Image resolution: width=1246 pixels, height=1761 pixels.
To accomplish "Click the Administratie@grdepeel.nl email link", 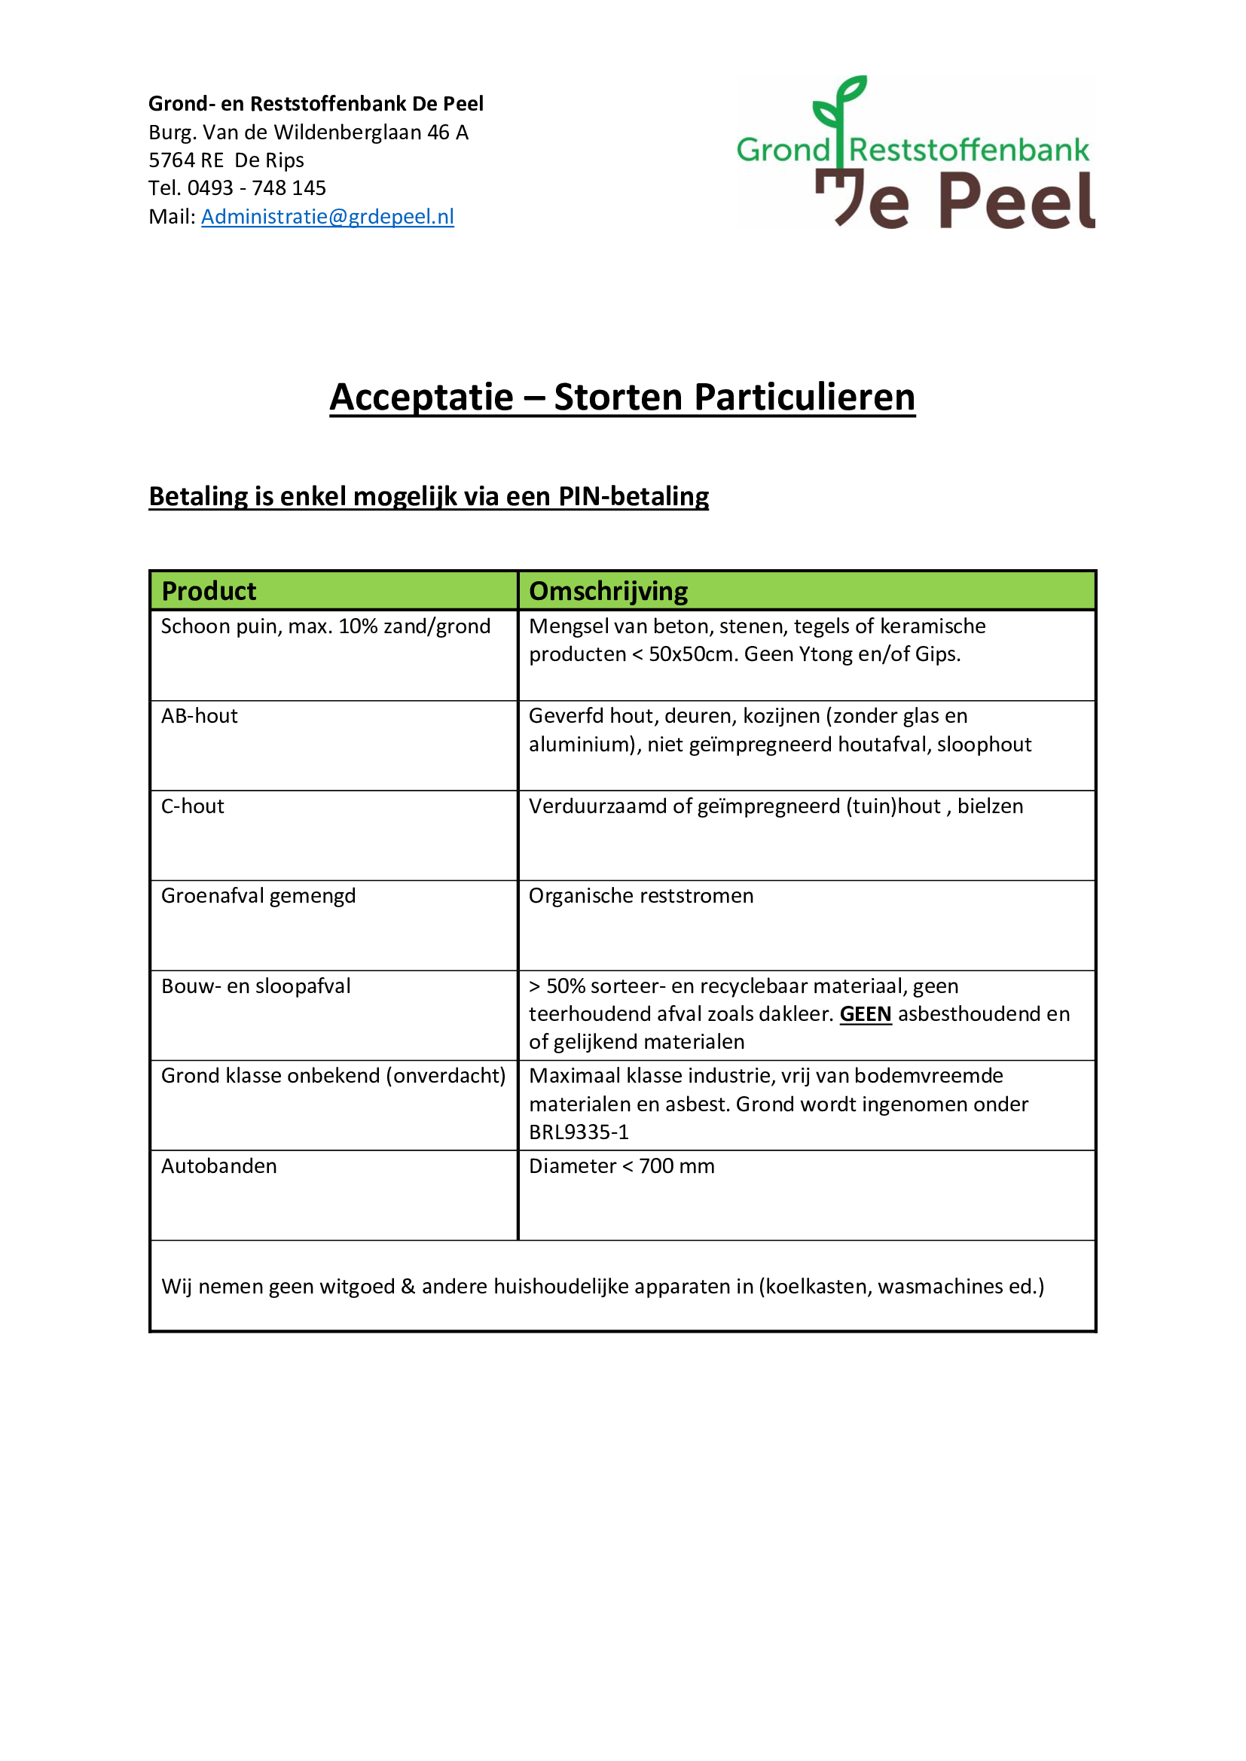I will (x=328, y=217).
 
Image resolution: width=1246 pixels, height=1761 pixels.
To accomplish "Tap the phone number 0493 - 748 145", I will (x=256, y=188).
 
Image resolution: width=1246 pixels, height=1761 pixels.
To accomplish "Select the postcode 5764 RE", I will (x=186, y=160).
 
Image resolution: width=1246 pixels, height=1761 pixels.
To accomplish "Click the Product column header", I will (x=209, y=590).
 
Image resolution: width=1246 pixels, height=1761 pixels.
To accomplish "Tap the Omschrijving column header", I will (x=609, y=590).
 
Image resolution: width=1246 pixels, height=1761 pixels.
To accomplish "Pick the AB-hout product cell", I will (x=200, y=716).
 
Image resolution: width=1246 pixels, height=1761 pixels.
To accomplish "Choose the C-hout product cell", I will (x=193, y=806).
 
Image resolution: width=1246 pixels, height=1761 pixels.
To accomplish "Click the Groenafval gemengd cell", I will (x=258, y=896).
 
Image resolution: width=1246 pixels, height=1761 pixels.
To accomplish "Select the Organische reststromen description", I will (x=640, y=896).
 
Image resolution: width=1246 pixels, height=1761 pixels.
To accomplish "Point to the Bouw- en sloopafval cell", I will (x=255, y=986).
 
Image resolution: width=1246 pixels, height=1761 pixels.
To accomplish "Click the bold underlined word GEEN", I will (x=866, y=1014).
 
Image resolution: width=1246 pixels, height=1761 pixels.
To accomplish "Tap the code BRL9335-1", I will (x=579, y=1132).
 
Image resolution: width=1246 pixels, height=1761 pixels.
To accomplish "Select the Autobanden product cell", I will (x=218, y=1165).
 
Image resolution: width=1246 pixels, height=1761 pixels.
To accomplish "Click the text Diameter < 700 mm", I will (x=621, y=1165).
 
